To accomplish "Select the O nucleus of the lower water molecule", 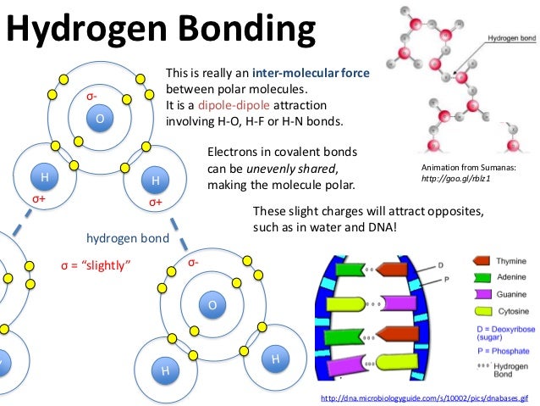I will tap(212, 304).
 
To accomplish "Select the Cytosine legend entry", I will tap(511, 310).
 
